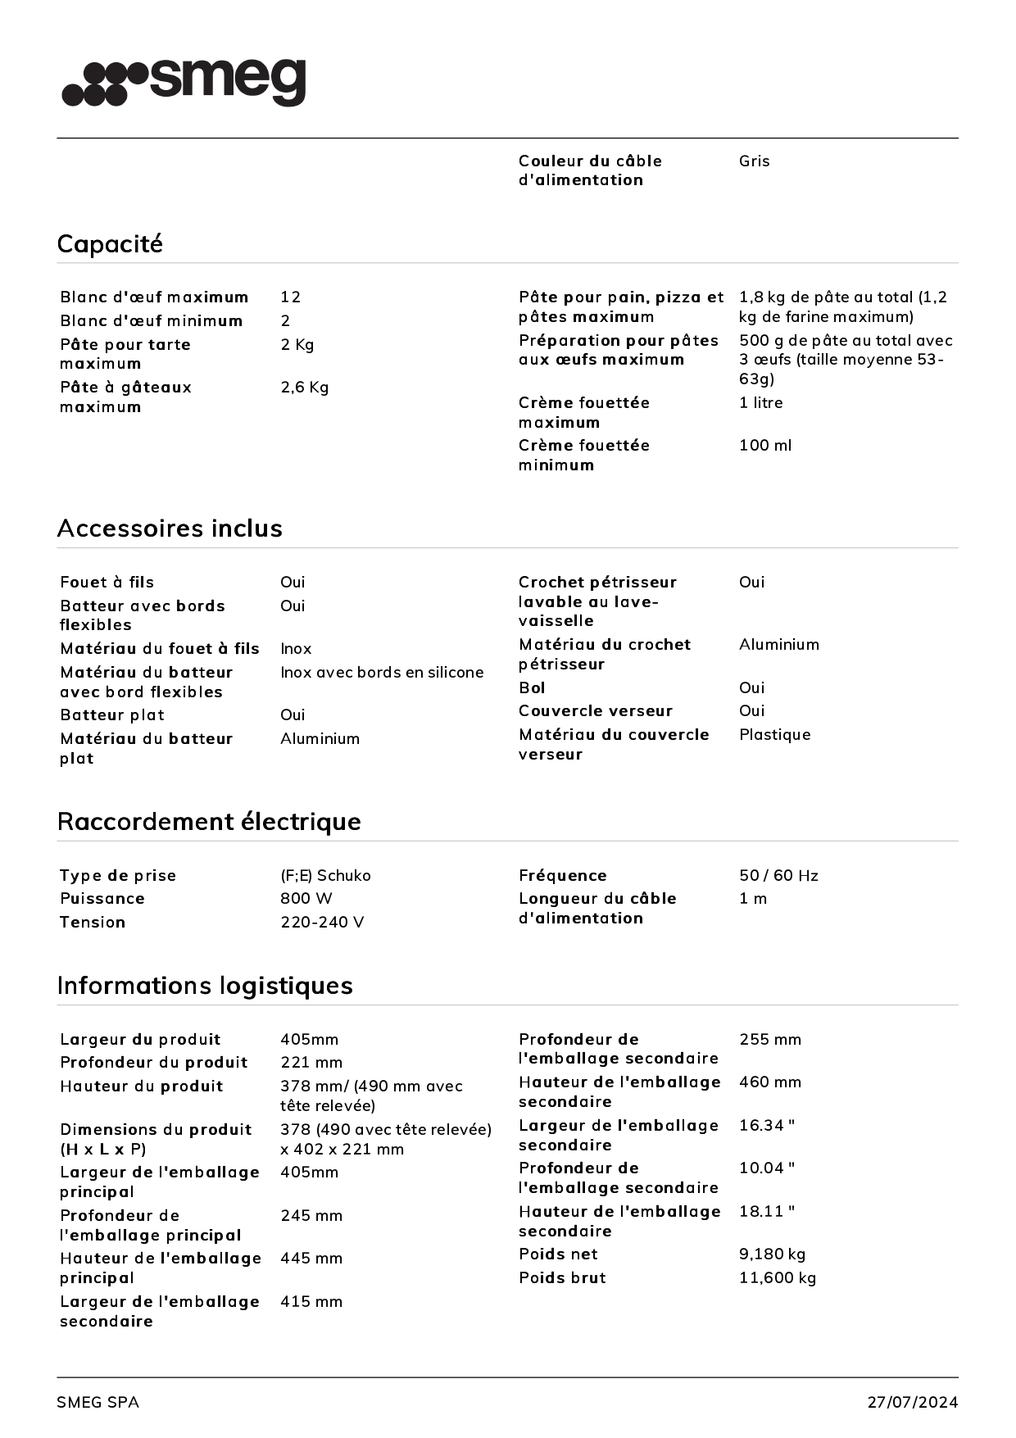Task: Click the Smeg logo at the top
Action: tap(184, 82)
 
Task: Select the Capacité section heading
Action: tap(110, 243)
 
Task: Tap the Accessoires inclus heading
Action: tap(170, 528)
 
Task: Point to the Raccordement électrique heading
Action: tap(209, 822)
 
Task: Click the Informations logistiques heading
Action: tap(205, 986)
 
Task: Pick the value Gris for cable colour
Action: tap(754, 161)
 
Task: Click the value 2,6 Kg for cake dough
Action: tap(304, 388)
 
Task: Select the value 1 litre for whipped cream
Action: tap(760, 403)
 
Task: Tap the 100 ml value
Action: tap(765, 446)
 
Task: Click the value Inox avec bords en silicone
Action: tap(382, 673)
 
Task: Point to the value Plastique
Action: tap(774, 735)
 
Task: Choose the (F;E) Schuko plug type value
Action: tap(325, 876)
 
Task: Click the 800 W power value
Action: tap(306, 899)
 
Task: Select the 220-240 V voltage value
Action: tap(322, 923)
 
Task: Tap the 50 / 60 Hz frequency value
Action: tap(778, 876)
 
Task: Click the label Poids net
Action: tap(558, 1254)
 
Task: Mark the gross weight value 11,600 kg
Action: tap(778, 1278)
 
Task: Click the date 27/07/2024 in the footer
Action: tap(912, 1403)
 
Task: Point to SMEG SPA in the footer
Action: tap(98, 1403)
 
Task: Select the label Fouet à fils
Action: tap(107, 583)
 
